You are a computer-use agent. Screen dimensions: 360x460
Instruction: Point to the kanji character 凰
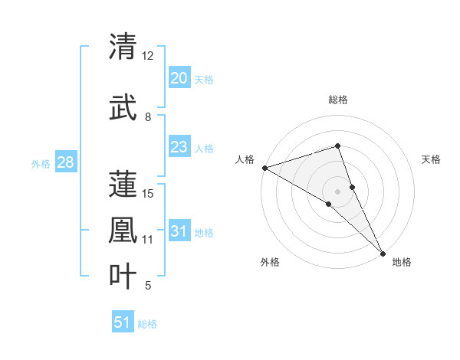pos(123,229)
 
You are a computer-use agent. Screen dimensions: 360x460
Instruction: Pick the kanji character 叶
pos(123,275)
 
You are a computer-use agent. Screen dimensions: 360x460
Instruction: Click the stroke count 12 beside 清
pos(148,56)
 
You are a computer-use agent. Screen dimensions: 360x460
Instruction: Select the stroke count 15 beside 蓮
pos(149,193)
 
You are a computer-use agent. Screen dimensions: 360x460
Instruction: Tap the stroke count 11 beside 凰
pos(149,240)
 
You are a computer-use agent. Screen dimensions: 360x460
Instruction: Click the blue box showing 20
pos(179,78)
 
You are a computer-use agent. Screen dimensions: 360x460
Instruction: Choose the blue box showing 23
pos(179,147)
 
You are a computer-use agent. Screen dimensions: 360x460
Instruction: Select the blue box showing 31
pos(179,231)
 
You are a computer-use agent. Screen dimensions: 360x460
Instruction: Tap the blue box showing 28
pos(64,162)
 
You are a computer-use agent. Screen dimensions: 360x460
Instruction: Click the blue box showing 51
pos(123,322)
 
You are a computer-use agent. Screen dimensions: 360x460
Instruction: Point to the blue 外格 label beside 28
pos(41,163)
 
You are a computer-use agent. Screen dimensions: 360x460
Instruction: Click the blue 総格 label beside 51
pos(147,324)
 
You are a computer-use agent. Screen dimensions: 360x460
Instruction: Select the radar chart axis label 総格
pos(337,100)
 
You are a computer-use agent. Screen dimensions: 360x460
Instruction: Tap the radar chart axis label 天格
pos(432,159)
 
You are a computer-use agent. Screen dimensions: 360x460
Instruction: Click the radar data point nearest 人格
pos(264,167)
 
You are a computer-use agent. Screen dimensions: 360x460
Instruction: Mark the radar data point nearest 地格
pos(382,252)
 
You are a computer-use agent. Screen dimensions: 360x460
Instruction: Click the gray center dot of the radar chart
pos(337,191)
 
